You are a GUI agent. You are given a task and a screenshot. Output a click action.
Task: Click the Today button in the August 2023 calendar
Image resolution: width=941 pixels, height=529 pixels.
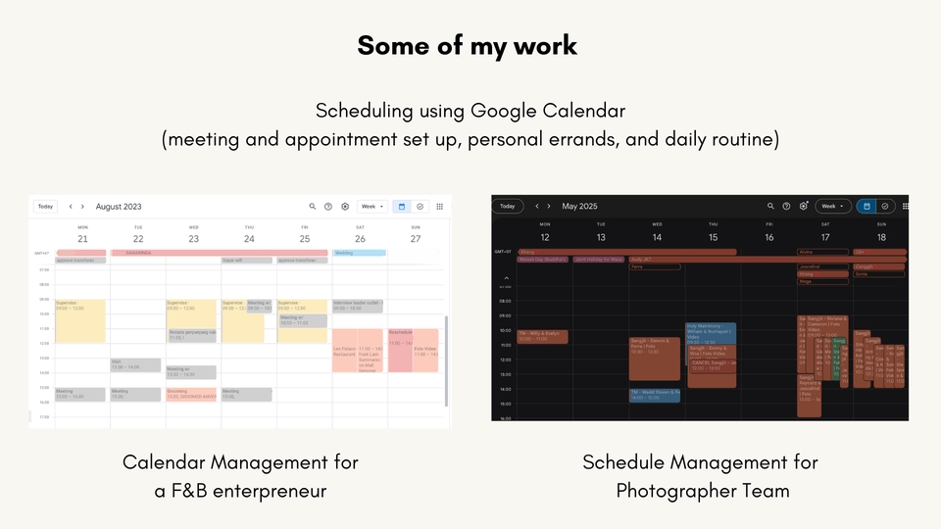[x=45, y=207]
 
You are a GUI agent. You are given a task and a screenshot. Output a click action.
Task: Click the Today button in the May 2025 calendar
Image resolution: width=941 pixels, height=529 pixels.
[x=507, y=206]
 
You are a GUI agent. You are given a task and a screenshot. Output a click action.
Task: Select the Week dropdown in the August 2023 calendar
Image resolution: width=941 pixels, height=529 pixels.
[x=372, y=207]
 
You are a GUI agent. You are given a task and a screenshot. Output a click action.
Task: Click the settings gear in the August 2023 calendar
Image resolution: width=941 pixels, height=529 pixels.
[x=345, y=207]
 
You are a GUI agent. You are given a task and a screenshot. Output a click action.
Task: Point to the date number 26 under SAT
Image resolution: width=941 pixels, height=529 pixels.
[x=361, y=239]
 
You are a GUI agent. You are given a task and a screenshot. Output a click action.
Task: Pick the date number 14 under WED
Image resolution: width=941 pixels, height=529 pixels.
[x=657, y=238]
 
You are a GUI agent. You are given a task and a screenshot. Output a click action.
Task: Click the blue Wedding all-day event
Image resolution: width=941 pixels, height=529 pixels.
[x=359, y=253]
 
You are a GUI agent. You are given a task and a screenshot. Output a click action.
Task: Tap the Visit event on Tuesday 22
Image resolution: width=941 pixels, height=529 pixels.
[x=135, y=365]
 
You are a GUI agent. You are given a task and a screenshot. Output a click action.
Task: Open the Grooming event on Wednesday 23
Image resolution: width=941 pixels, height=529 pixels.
[x=191, y=394]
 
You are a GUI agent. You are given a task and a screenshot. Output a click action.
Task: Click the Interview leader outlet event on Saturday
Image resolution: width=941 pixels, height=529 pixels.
[x=359, y=305]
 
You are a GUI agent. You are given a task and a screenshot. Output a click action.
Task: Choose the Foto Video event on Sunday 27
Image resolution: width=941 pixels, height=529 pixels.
[x=425, y=353]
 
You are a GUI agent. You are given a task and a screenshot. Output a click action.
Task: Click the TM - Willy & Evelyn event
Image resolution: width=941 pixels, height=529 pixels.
[x=543, y=336]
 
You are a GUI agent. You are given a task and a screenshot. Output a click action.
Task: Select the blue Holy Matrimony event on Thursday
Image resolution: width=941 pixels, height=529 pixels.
[x=711, y=331]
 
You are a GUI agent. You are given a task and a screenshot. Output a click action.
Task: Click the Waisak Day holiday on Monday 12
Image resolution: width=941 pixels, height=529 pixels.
[x=544, y=260]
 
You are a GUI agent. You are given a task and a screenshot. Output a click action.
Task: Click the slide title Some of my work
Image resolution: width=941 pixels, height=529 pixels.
[x=468, y=45]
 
